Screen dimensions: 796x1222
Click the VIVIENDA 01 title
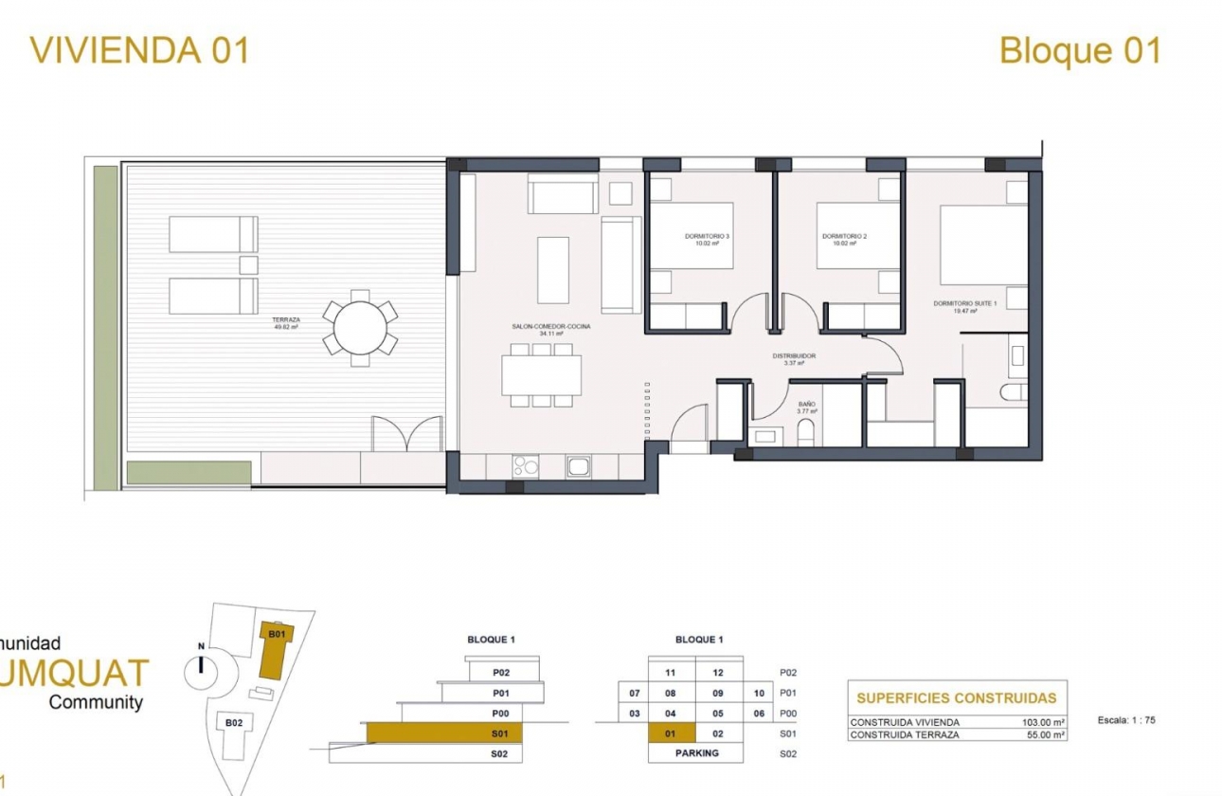point(140,50)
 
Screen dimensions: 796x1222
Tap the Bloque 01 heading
point(1080,50)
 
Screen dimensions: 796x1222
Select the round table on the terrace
point(360,328)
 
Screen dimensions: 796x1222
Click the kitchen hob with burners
point(525,465)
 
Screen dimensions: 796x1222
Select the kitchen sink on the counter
point(578,465)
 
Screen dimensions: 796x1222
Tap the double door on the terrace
point(406,434)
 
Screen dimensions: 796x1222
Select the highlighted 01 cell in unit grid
point(671,733)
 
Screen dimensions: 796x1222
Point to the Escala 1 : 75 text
point(1126,720)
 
